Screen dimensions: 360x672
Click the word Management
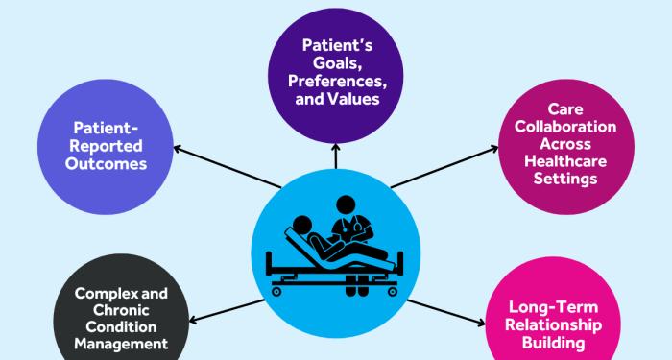coord(122,343)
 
